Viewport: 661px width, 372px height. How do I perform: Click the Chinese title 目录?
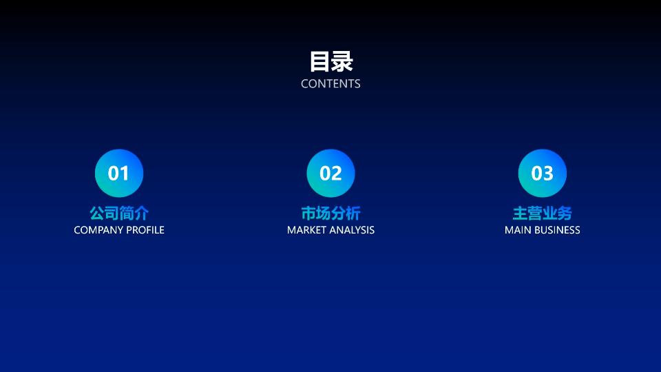(x=331, y=61)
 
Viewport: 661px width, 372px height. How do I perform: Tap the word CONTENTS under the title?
(x=330, y=83)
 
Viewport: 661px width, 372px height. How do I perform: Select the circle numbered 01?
(x=119, y=173)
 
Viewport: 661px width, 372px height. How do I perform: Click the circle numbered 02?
(x=330, y=173)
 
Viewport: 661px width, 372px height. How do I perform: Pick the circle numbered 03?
(x=542, y=173)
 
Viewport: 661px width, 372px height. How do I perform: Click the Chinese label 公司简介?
(x=119, y=213)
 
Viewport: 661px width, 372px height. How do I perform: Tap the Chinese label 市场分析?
(x=330, y=213)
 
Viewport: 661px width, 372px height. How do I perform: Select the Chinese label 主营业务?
(x=542, y=213)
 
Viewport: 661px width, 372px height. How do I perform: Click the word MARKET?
(x=306, y=230)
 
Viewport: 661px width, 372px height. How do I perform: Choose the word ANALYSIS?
(x=352, y=230)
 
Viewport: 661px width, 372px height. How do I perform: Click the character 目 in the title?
(x=320, y=61)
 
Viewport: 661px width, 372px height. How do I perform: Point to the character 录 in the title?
(x=342, y=61)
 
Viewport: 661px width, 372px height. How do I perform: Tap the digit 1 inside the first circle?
(x=124, y=174)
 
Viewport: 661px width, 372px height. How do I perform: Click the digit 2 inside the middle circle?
(x=337, y=174)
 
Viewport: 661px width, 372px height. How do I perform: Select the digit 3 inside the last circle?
(x=547, y=174)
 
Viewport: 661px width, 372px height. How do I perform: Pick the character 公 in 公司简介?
(x=97, y=213)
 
